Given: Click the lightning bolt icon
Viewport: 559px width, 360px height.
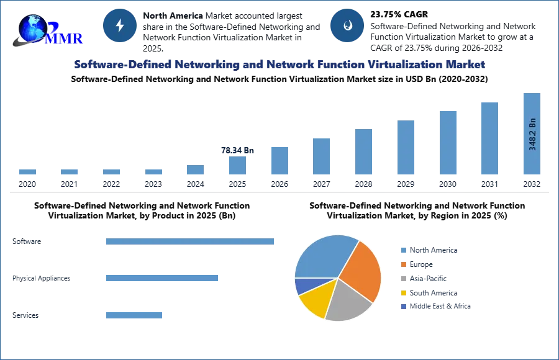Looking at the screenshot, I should (120, 25).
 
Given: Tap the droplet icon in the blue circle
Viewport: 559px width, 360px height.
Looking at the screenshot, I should (347, 25).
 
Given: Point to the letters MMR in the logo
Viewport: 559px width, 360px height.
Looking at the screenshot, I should (64, 38).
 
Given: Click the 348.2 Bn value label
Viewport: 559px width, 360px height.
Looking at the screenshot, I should (532, 133).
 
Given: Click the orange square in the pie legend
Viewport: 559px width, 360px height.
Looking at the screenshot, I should (402, 265).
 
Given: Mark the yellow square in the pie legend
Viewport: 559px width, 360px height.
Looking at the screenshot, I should (402, 293).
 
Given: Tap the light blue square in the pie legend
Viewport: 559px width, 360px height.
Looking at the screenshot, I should (402, 250).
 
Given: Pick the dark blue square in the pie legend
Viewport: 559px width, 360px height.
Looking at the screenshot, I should (402, 307).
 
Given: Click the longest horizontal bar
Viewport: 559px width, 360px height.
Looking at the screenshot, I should (191, 243).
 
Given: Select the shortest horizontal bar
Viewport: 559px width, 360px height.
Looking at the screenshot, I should (134, 315).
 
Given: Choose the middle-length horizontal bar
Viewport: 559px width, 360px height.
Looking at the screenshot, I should (161, 278).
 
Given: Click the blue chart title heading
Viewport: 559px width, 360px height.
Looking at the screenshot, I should (279, 65).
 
